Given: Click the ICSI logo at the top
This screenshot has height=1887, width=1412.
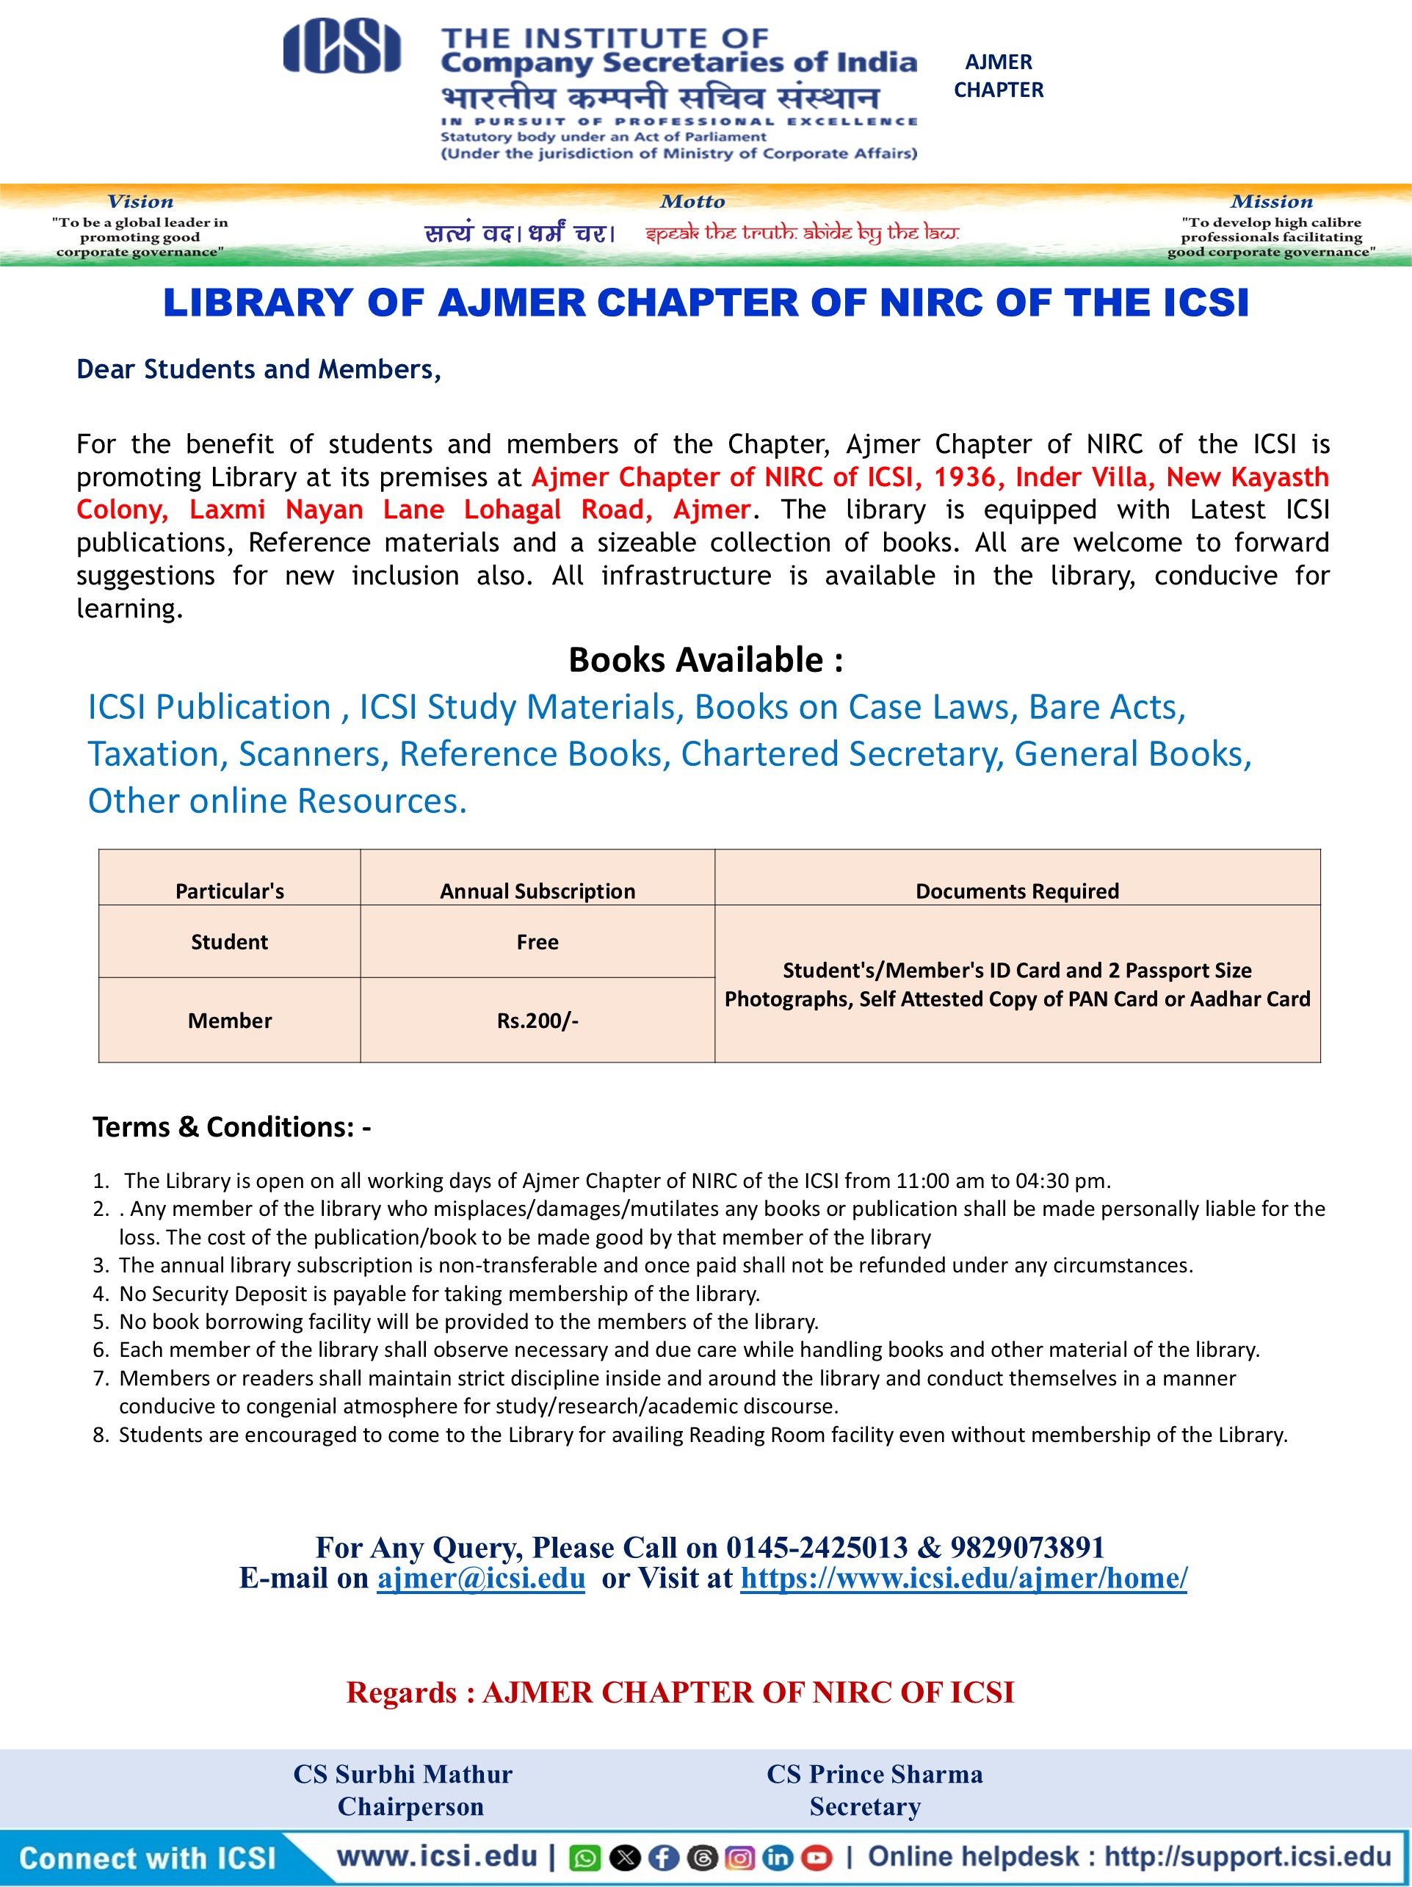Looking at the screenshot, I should (341, 48).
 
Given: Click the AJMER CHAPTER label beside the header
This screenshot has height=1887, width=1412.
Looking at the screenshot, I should (998, 76).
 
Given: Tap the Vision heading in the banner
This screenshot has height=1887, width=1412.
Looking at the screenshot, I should (140, 201).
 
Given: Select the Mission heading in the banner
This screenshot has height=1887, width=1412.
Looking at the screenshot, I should (1271, 201).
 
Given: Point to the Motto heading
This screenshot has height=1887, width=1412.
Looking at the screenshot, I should (692, 201).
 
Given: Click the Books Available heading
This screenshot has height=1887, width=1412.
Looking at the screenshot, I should (706, 659).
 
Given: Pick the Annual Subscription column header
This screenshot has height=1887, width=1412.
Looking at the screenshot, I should (537, 891).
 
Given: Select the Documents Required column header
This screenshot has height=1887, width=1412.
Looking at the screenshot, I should (1017, 891).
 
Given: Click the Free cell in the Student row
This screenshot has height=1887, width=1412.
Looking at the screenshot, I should (537, 942).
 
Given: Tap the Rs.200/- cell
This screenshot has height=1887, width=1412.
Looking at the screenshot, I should (537, 1021).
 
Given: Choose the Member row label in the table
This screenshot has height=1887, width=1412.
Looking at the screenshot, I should (230, 1021).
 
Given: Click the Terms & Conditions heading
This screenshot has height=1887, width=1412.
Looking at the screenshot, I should (231, 1127).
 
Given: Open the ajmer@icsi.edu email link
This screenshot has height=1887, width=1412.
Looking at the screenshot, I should (481, 1577).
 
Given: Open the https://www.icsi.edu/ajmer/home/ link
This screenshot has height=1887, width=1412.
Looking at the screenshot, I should (963, 1577).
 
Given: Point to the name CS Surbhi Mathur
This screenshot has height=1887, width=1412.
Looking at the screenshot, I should (402, 1773).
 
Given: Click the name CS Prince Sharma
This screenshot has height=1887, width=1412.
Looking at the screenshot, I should (875, 1773).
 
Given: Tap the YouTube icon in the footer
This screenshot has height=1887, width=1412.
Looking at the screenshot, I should (817, 1857).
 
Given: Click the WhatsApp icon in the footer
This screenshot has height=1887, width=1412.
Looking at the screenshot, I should (585, 1857).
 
